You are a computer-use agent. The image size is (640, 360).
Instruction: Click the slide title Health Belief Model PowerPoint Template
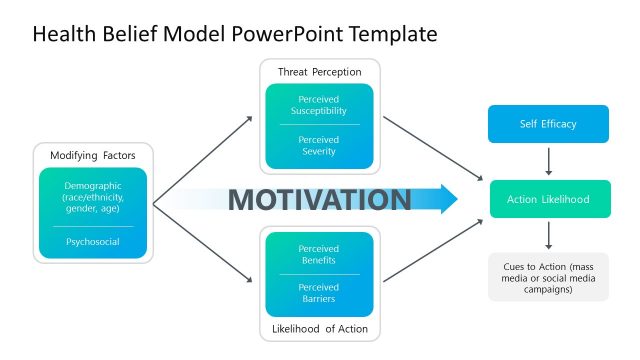pyautogui.click(x=235, y=35)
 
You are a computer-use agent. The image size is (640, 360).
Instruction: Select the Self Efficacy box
pyautogui.click(x=547, y=124)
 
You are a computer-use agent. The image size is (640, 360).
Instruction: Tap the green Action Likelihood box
pyautogui.click(x=547, y=199)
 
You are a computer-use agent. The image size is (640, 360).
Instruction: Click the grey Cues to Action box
pyautogui.click(x=547, y=276)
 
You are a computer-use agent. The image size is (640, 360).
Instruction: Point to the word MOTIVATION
pyautogui.click(x=319, y=199)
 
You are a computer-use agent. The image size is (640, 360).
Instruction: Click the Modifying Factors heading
pyautogui.click(x=92, y=156)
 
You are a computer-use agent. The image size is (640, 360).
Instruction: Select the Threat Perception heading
pyautogui.click(x=319, y=72)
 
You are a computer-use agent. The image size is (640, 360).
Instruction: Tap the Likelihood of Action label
pyautogui.click(x=319, y=329)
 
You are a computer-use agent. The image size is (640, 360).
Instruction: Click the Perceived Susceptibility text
pyautogui.click(x=319, y=106)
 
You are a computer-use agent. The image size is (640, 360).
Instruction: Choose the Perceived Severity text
pyautogui.click(x=319, y=145)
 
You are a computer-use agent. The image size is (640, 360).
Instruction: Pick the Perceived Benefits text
pyautogui.click(x=319, y=254)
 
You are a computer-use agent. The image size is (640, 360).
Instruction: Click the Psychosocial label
pyautogui.click(x=92, y=241)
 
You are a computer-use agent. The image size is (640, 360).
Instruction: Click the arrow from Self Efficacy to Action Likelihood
pyautogui.click(x=547, y=162)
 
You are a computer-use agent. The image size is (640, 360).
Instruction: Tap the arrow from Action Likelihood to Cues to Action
pyautogui.click(x=547, y=236)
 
